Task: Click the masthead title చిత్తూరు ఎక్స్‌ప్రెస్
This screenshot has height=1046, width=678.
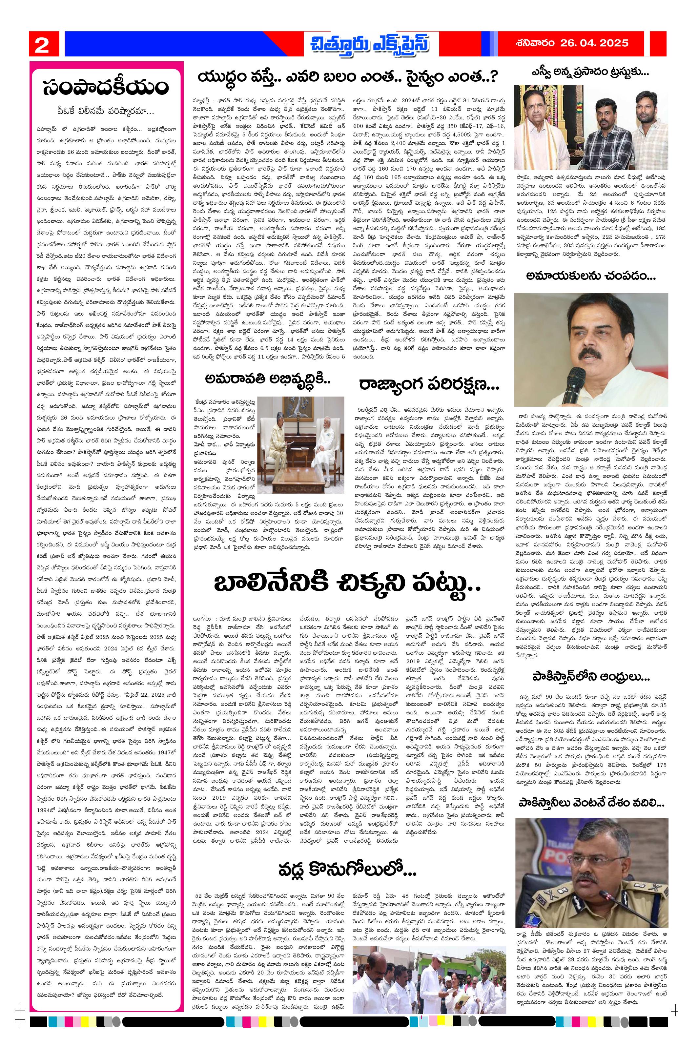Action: [x=369, y=44]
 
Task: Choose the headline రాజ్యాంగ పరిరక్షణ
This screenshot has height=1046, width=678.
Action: [x=428, y=384]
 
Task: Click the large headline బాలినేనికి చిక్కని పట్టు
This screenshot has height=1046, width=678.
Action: [x=347, y=584]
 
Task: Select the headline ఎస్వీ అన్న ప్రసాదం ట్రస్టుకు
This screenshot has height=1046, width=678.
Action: [x=590, y=72]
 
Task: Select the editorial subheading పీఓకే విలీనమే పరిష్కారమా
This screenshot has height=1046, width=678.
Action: [x=106, y=111]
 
